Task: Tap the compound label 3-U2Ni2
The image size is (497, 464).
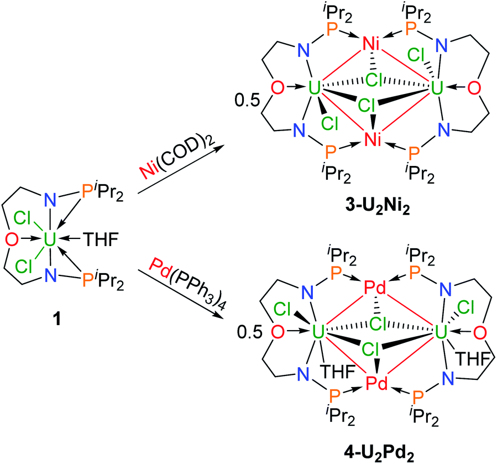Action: (378, 208)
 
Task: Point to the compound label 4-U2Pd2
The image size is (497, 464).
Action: (379, 452)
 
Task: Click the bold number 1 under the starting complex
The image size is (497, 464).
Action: (56, 319)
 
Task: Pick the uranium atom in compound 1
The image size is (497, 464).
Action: (50, 239)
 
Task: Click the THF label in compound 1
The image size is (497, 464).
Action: (101, 239)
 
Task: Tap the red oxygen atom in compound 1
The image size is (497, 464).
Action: (12, 239)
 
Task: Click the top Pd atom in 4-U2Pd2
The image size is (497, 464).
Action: (375, 288)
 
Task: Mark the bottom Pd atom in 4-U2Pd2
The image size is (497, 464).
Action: (376, 383)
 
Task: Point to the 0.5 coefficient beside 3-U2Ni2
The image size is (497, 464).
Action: (247, 101)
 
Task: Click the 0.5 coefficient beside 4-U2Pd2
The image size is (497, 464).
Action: (249, 333)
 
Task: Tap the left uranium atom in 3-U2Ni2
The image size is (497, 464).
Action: (315, 88)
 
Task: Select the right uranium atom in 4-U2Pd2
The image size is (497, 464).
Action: (440, 332)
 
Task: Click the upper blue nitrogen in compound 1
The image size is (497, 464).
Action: (50, 200)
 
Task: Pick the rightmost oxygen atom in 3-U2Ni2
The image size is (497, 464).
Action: (474, 88)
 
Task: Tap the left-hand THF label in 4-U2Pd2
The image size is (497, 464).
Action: (337, 371)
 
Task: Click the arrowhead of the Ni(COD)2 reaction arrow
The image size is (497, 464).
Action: (219, 147)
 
